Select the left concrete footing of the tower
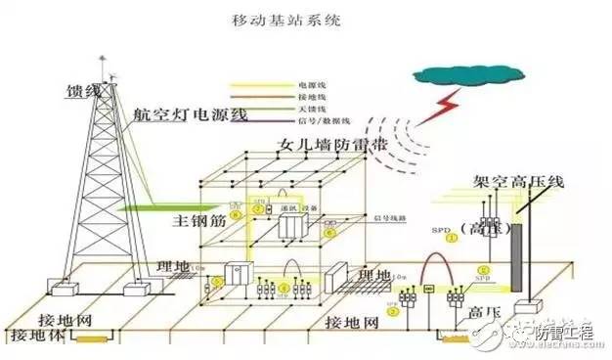pyautogui.click(x=66, y=292)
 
